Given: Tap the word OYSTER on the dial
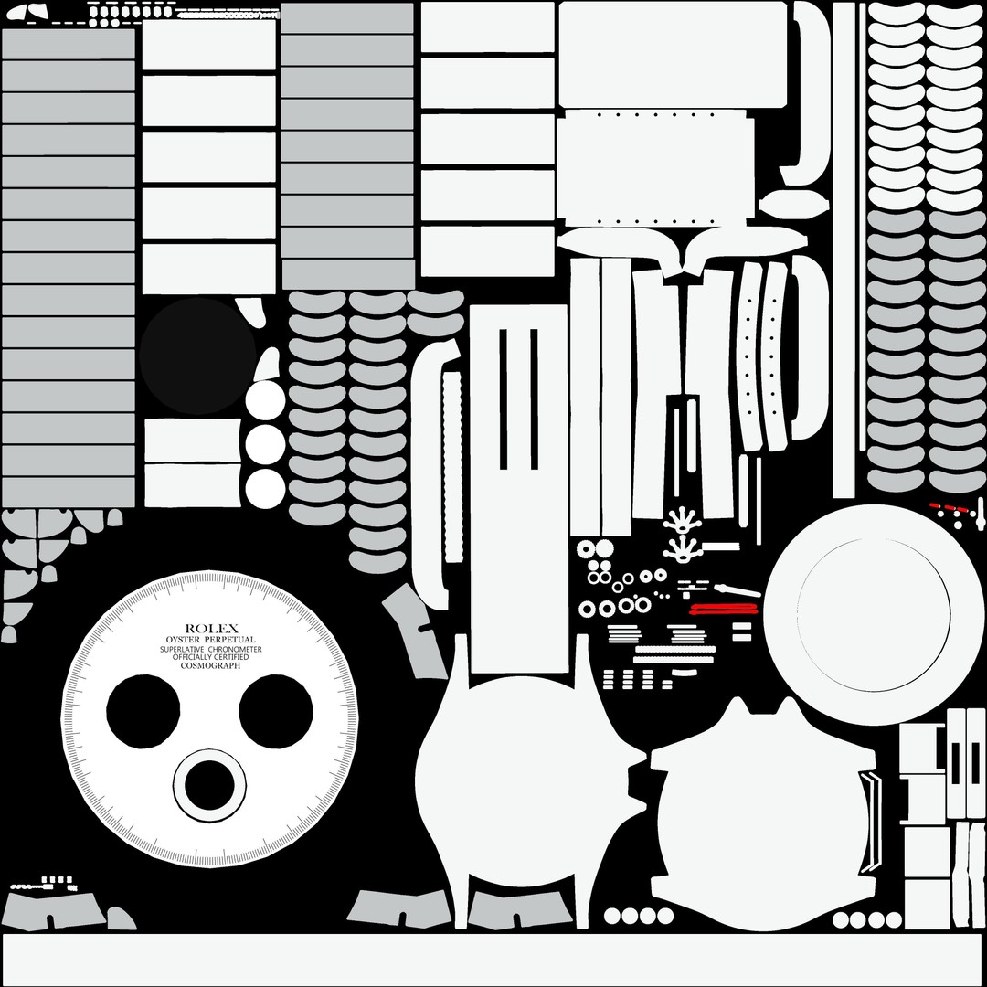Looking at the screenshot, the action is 182,640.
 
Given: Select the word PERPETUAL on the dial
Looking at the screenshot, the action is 230,640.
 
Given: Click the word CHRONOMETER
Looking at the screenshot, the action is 235,649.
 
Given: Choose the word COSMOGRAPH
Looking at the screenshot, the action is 210,665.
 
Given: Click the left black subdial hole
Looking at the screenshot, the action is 143,711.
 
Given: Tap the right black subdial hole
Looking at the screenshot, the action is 276,711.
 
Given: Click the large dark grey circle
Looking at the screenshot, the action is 197,356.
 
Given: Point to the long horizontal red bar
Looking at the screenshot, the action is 724,608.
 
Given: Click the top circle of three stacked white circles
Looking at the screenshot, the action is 266,399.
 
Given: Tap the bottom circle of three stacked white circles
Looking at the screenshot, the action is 266,488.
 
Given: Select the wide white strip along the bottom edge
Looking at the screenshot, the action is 493,959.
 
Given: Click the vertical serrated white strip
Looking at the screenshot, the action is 452,466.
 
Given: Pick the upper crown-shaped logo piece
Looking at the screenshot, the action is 682,520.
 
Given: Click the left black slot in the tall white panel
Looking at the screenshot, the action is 504,399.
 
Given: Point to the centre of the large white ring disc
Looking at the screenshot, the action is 874,615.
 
